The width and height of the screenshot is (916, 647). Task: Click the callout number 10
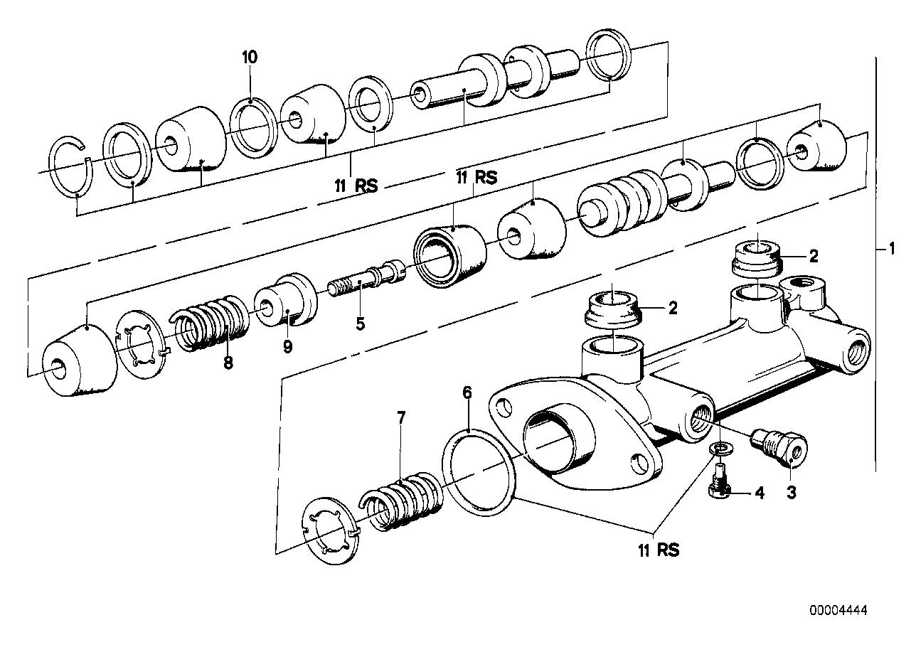(x=250, y=58)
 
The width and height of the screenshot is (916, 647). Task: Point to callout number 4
(x=760, y=492)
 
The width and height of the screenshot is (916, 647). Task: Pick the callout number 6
(x=467, y=392)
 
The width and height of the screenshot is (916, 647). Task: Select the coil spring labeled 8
(x=211, y=322)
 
